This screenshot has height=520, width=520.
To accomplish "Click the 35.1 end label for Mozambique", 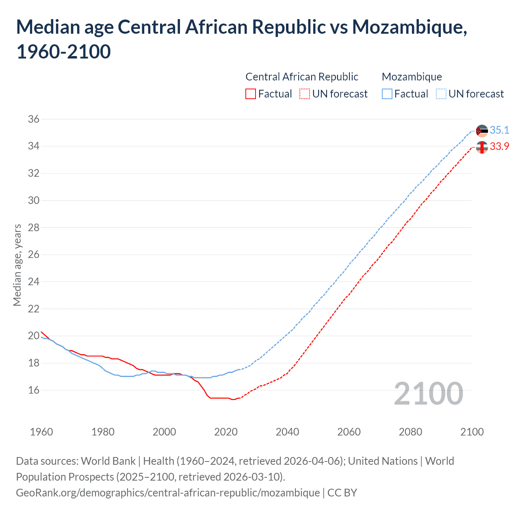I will [x=499, y=130].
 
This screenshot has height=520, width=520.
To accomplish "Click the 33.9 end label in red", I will [x=499, y=146].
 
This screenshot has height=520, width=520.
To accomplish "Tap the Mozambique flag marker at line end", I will [x=482, y=131].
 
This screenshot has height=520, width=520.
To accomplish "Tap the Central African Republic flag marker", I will [x=482, y=147].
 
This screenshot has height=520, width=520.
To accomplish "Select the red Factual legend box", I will [x=251, y=94].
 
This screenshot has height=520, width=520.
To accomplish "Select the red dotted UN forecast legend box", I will [x=305, y=94].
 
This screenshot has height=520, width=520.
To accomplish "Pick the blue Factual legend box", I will [x=387, y=94].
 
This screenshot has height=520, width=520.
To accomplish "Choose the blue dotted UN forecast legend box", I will [x=441, y=94].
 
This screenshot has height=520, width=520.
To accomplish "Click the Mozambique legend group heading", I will [x=412, y=77].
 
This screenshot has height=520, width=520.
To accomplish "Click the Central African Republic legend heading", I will [x=302, y=77].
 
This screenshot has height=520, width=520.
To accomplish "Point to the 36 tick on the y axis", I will [x=34, y=119].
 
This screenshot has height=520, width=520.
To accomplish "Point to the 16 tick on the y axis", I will [x=34, y=390].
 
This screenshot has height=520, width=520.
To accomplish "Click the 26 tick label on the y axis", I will [x=34, y=255].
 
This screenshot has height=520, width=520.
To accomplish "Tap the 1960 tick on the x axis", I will [x=41, y=432].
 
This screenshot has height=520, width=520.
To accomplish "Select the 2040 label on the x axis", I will [x=287, y=432].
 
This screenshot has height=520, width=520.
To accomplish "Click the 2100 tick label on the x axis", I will [x=472, y=432].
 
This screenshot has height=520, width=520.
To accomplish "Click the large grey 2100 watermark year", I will [x=429, y=394].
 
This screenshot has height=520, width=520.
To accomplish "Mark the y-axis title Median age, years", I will [x=17, y=265].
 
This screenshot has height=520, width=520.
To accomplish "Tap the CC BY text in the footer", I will [x=342, y=493].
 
